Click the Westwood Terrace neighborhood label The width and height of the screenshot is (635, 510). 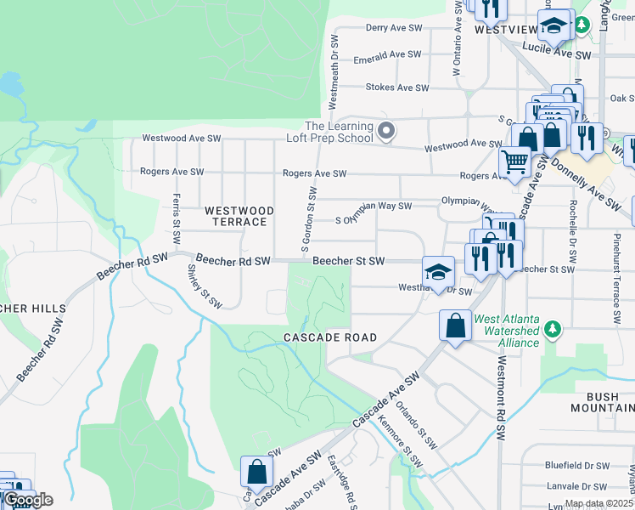click(x=239, y=216)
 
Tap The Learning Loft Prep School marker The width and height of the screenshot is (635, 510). click(x=387, y=131)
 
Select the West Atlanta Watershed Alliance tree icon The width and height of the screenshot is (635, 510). click(x=554, y=328)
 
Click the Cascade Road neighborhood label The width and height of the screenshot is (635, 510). click(x=329, y=337)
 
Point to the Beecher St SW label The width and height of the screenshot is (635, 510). click(x=348, y=261)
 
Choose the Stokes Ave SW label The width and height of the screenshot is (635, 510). click(x=395, y=87)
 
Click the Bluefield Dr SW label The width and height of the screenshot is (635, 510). click(x=577, y=465)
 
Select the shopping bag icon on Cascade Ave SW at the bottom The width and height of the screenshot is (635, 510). click(x=256, y=471)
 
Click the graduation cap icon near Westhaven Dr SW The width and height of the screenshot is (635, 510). click(x=438, y=272)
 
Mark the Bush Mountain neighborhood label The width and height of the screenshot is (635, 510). click(x=609, y=403)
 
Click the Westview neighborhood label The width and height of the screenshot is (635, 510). click(x=506, y=29)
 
